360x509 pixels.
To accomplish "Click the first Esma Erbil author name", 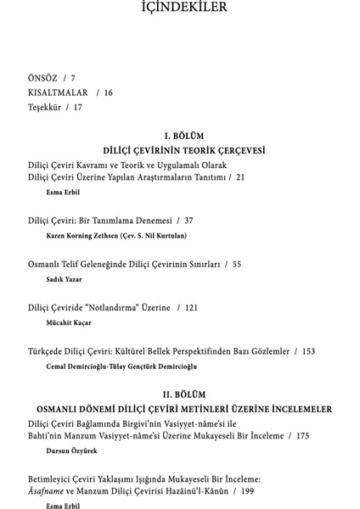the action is pyautogui.click(x=62, y=193).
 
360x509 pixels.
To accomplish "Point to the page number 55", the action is pyautogui.click(x=236, y=264).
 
